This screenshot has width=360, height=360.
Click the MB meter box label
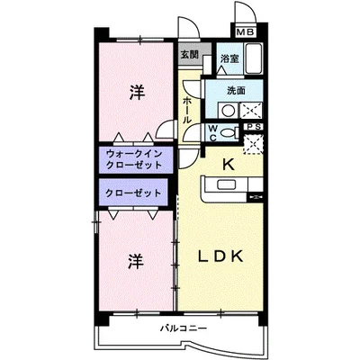click(x=246, y=31)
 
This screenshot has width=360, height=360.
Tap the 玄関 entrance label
click(x=190, y=54)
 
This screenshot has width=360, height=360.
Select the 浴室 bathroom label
click(x=229, y=58)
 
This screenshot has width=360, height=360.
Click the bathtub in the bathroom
click(x=254, y=58)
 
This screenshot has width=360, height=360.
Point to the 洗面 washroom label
click(x=236, y=90)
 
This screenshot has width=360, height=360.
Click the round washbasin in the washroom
click(x=228, y=111)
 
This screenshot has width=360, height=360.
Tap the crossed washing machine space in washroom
click(x=251, y=110)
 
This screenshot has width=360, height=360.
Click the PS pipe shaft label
click(x=254, y=127)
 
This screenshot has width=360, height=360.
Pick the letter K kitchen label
click(x=229, y=165)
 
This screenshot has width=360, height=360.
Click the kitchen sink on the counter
click(x=226, y=184)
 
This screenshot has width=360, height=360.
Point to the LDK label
click(x=220, y=256)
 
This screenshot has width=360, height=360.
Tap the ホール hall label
click(x=186, y=111)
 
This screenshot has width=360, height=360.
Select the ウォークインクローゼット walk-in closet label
click(x=134, y=159)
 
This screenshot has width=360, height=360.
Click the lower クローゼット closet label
click(x=133, y=193)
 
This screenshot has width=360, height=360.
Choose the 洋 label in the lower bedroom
click(x=136, y=261)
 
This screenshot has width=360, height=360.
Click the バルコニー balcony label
click(x=183, y=328)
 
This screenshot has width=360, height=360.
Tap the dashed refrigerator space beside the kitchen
click(x=253, y=144)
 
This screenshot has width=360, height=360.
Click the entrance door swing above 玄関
click(x=189, y=28)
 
